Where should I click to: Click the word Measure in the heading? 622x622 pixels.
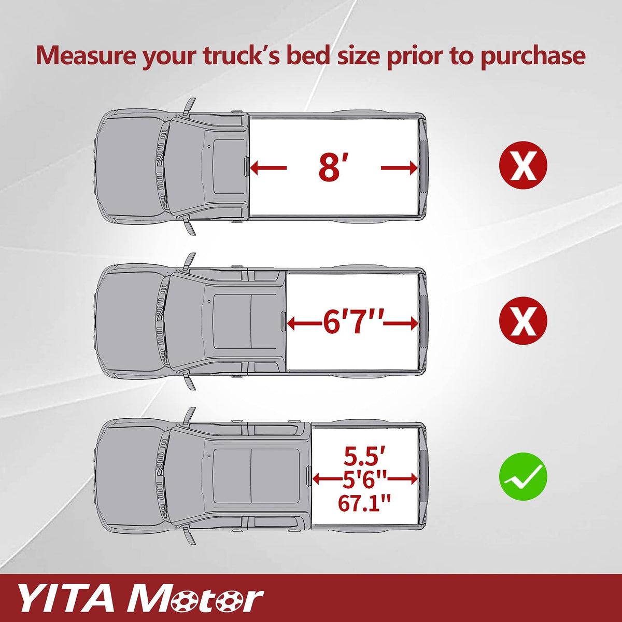click(86, 55)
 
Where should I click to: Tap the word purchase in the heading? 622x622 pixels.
click(533, 57)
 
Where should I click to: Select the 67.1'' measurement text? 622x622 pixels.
click(364, 503)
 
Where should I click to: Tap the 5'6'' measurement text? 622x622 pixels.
click(364, 479)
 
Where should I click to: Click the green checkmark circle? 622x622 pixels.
click(523, 476)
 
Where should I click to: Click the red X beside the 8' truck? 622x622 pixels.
click(523, 165)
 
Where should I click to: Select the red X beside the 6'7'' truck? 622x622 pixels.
click(523, 321)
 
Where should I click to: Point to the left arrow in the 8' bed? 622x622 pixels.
click(268, 168)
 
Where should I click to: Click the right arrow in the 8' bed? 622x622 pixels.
click(399, 168)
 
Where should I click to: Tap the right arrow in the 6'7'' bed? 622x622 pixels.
click(400, 323)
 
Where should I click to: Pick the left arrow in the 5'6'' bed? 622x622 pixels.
click(327, 479)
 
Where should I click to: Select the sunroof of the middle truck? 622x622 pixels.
click(231, 321)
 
